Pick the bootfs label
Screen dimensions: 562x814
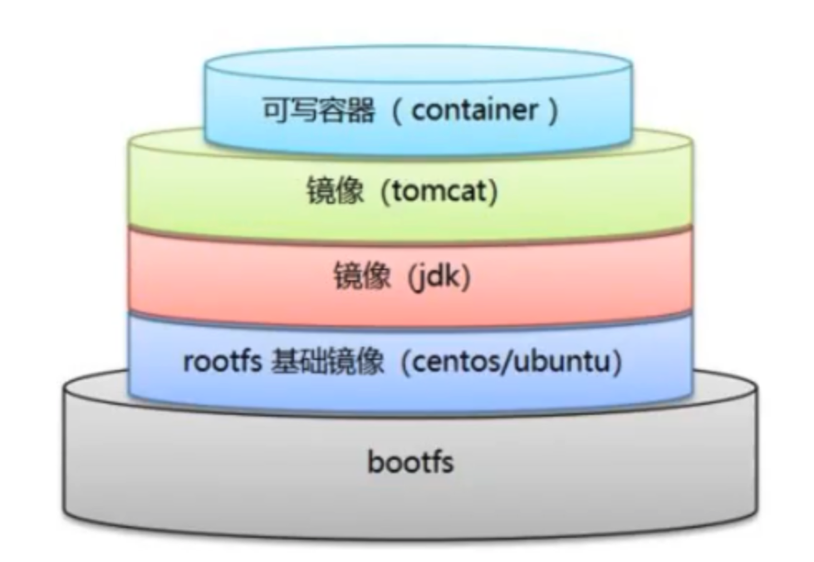pyautogui.click(x=410, y=461)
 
